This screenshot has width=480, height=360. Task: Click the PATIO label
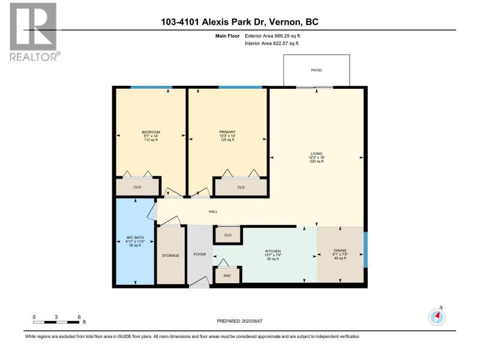tap(316, 70)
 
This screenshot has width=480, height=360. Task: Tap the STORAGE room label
tap(170, 256)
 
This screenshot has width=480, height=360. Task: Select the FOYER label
tap(200, 254)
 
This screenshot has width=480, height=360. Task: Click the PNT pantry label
tap(227, 276)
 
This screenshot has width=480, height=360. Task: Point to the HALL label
tap(213, 212)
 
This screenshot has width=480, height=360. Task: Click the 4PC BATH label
tap(135, 238)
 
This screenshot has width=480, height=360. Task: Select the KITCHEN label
tap(273, 251)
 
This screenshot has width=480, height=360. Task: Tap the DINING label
tap(340, 250)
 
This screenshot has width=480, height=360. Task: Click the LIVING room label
tap(316, 154)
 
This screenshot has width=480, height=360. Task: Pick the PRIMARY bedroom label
tap(227, 132)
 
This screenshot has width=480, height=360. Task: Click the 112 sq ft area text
tap(151, 140)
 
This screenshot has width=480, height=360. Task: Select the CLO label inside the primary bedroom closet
tap(241, 187)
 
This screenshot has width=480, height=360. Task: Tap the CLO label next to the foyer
tap(228, 235)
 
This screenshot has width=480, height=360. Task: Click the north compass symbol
tap(437, 316)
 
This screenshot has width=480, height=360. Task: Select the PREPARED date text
tap(239, 321)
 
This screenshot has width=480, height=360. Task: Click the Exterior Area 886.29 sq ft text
tap(272, 36)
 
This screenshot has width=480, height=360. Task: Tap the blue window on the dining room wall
tap(365, 250)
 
